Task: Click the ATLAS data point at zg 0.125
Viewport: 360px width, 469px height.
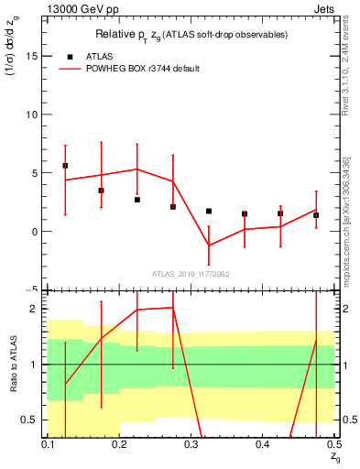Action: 65,166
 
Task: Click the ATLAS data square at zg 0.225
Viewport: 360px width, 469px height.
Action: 137,200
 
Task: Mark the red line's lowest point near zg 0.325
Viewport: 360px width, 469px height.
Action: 209,245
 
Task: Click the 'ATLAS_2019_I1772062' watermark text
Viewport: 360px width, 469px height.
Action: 191,273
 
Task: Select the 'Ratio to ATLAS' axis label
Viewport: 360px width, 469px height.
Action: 12,364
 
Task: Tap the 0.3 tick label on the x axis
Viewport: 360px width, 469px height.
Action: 191,444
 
